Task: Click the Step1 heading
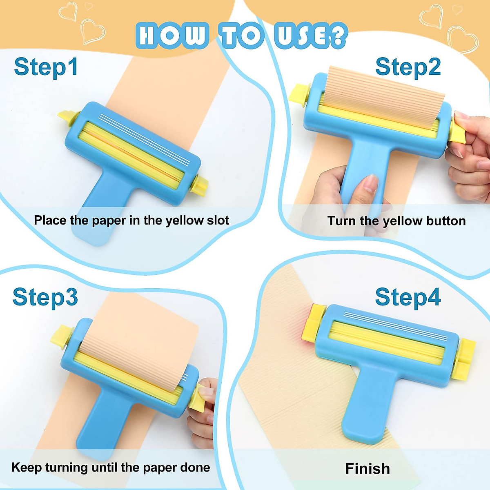[x=46, y=67]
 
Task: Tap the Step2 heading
[x=408, y=67]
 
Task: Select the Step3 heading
[x=45, y=297]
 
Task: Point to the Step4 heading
[x=408, y=297]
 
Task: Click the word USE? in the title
[x=310, y=36]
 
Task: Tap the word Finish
[x=367, y=468]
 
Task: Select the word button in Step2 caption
[x=445, y=221]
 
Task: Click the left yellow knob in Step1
[x=65, y=118]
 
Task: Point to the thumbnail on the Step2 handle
[x=370, y=184]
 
